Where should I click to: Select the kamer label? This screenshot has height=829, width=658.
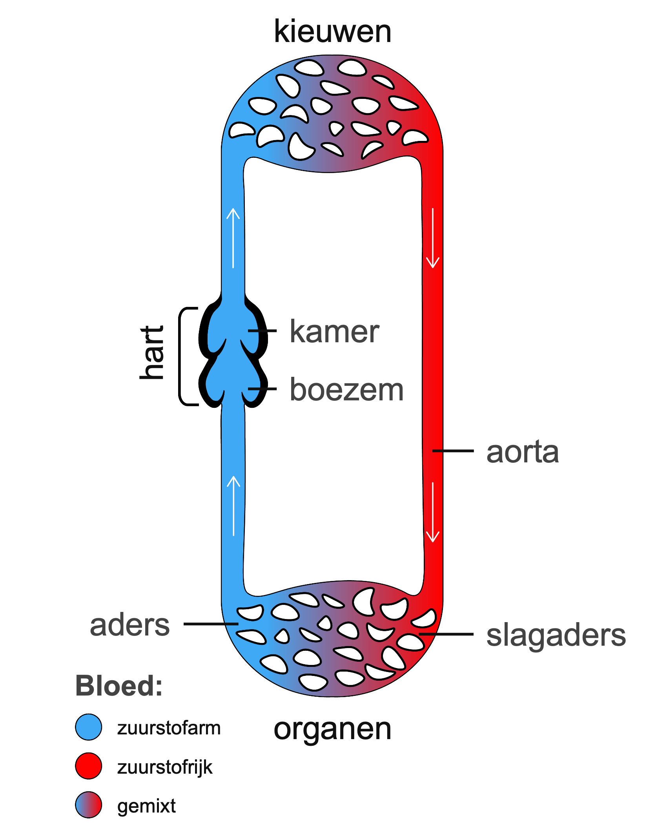tap(334, 332)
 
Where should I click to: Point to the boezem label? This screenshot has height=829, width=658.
tap(346, 390)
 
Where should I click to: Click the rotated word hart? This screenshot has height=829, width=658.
tap(152, 352)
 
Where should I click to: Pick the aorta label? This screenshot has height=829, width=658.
tap(522, 452)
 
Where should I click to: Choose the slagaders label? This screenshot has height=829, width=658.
tap(556, 636)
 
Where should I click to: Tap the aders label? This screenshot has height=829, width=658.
tap(130, 625)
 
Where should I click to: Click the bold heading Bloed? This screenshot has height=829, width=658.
tap(119, 686)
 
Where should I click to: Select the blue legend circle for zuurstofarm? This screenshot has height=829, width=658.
tap(89, 727)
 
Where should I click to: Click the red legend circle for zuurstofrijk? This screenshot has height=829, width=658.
tap(89, 766)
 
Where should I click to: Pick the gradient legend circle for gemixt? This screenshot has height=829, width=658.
tap(89, 805)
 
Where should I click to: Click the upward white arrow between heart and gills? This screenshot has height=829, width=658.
tap(233, 237)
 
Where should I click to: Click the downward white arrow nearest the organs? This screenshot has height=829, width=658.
tap(433, 512)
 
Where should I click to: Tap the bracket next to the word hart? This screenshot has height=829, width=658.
tap(181, 356)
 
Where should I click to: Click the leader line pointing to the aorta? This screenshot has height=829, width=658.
tap(453, 451)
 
